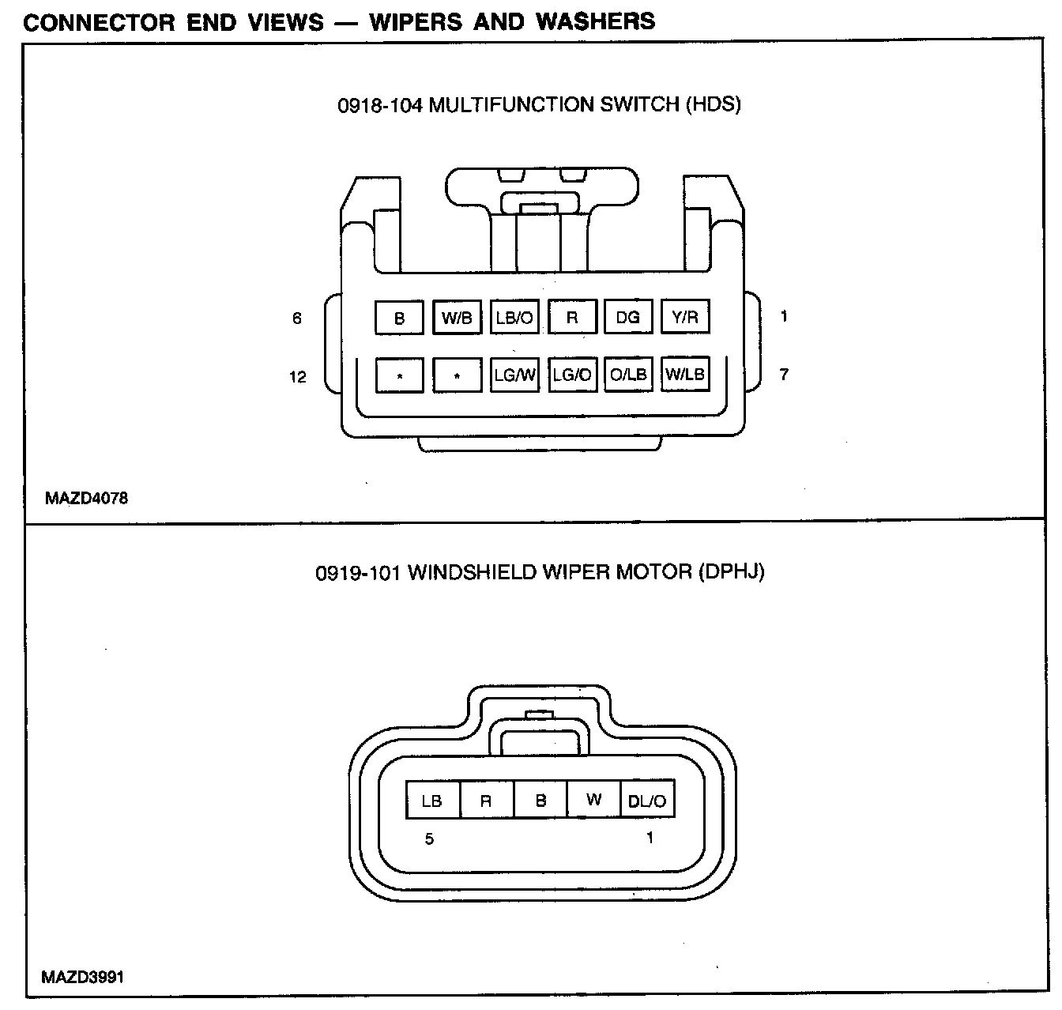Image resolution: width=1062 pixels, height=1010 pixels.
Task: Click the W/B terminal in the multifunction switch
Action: tap(457, 318)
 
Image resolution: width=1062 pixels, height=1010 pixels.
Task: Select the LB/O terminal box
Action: tap(514, 318)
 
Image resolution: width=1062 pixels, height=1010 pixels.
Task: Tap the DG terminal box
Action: tap(628, 317)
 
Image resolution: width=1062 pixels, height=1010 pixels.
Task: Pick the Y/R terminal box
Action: tap(685, 317)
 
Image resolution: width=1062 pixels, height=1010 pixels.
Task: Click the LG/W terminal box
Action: tap(514, 375)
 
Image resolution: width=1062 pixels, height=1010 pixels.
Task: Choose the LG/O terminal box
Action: tap(572, 375)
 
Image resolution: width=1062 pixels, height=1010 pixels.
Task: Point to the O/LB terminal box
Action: tap(628, 375)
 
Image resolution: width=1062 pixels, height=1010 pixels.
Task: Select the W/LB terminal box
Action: tap(685, 375)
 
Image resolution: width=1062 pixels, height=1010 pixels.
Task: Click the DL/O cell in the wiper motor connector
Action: tap(647, 801)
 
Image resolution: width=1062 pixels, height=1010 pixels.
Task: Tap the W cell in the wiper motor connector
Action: tap(594, 800)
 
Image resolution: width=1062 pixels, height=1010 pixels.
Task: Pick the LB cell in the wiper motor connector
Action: tap(431, 801)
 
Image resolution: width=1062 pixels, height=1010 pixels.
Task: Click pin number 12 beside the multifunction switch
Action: tap(297, 377)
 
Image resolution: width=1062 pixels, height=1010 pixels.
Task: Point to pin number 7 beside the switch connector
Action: tap(784, 374)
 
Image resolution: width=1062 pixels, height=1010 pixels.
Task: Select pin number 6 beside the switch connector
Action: tap(297, 318)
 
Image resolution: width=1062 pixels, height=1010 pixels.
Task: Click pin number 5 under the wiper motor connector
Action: tap(429, 839)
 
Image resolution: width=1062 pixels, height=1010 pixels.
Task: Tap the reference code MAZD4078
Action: tap(86, 499)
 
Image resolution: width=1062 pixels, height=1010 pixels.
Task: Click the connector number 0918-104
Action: tap(380, 105)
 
